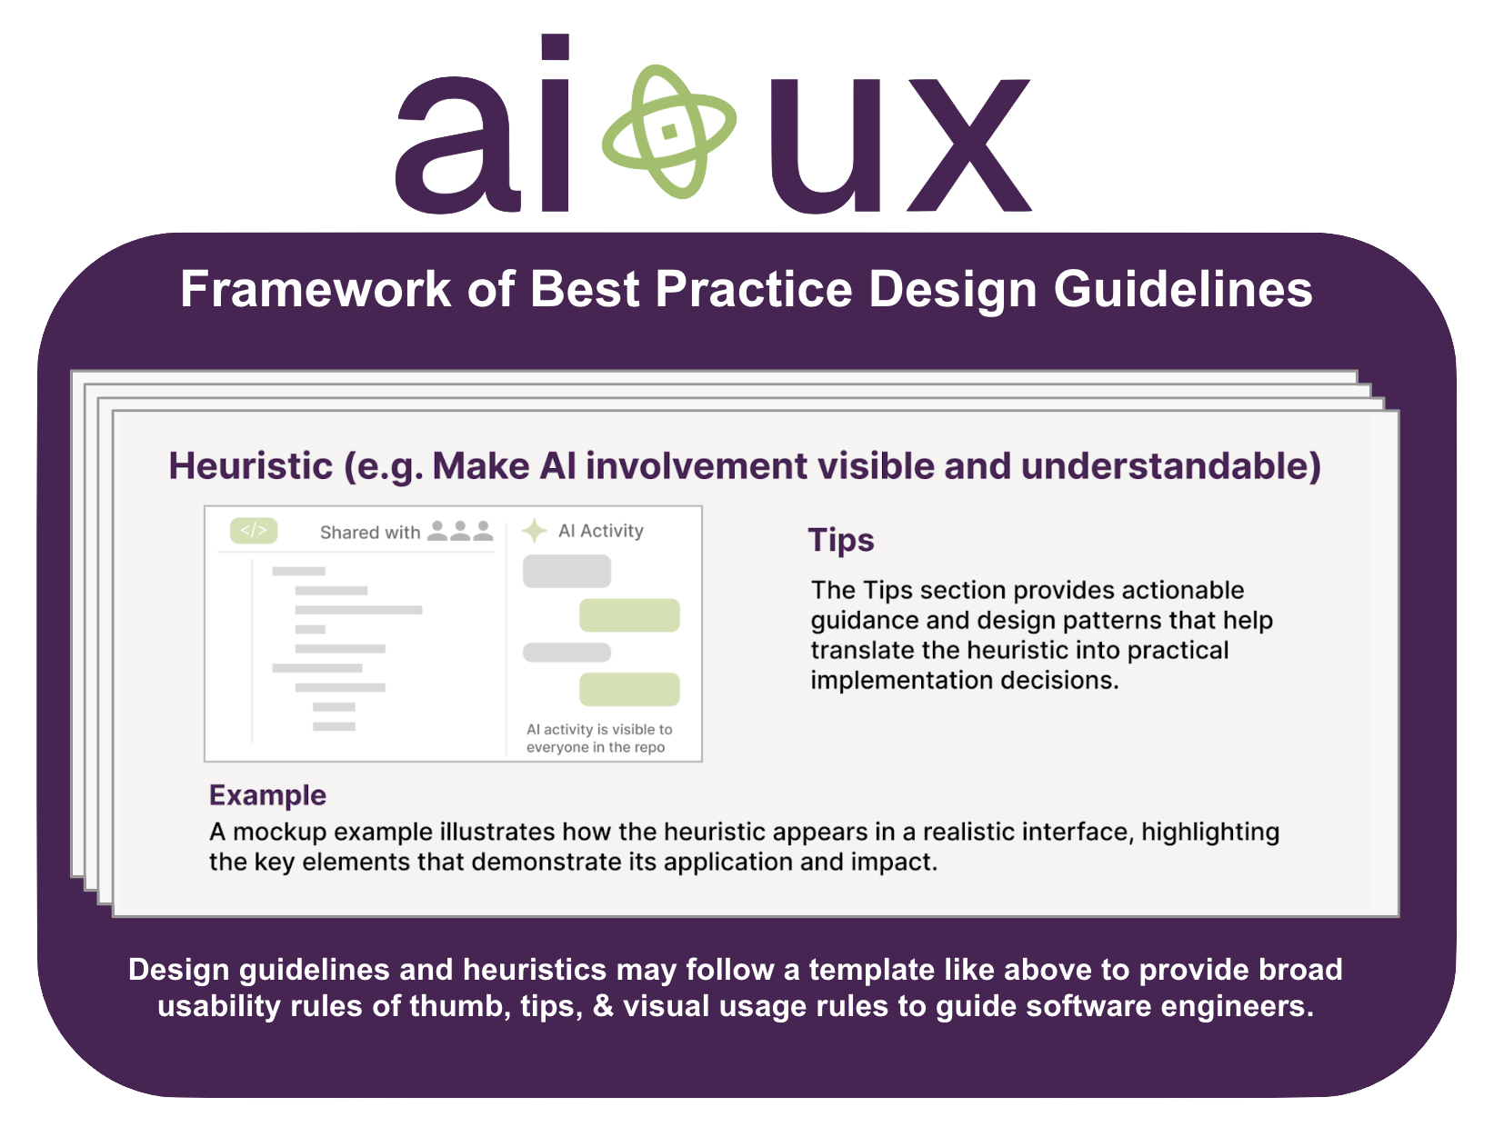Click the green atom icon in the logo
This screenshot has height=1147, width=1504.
(668, 132)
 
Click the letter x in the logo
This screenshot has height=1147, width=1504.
(968, 145)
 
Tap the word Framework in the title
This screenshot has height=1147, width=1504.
(316, 289)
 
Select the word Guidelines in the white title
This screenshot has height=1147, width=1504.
(1183, 289)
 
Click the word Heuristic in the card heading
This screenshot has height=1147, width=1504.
(251, 465)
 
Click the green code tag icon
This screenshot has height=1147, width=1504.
(254, 530)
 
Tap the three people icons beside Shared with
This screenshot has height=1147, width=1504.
(460, 530)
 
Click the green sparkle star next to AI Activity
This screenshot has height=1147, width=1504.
(535, 531)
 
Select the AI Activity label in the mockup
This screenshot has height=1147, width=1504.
(601, 531)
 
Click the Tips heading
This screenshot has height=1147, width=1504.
(841, 540)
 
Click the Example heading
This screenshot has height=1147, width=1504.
(268, 795)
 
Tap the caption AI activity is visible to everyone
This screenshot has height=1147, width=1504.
(599, 738)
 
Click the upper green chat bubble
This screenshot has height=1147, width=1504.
(629, 615)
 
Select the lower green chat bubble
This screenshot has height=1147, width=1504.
(629, 689)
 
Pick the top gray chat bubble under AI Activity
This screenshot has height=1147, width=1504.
(567, 571)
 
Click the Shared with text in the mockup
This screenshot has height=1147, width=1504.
(370, 532)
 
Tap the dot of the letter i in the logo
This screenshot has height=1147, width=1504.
(555, 46)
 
